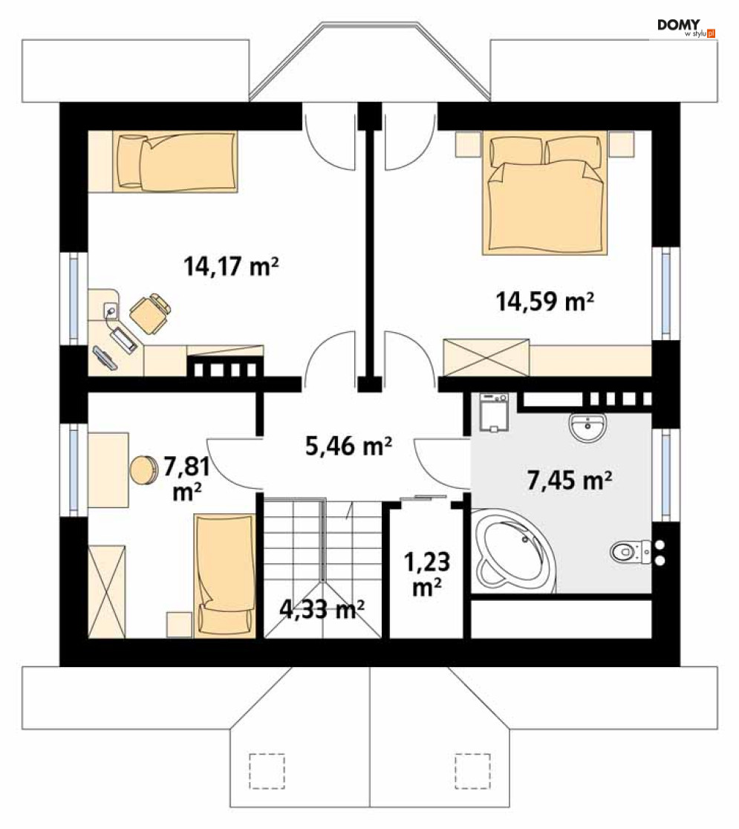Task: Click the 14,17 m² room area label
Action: [x=230, y=266]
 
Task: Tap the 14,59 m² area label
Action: [x=544, y=302]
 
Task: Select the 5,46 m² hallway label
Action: [x=348, y=446]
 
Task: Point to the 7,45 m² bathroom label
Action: [x=570, y=480]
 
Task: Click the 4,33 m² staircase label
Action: [x=322, y=609]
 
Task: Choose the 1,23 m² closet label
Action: [x=427, y=573]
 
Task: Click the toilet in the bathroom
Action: [x=630, y=552]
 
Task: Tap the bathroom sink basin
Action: [x=587, y=427]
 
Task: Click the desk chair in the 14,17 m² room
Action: [x=151, y=313]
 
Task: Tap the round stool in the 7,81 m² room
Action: [x=143, y=469]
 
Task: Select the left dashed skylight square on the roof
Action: [x=267, y=771]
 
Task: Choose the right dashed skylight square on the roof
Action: [x=472, y=771]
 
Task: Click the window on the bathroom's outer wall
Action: [x=665, y=475]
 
